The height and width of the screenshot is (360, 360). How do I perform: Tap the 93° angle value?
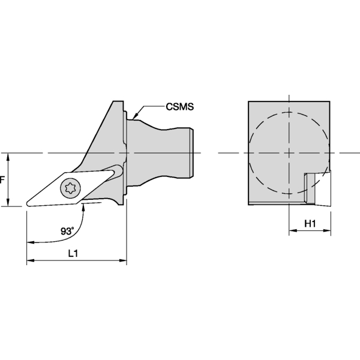(x=68, y=231)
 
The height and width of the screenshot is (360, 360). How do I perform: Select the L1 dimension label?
(x=73, y=253)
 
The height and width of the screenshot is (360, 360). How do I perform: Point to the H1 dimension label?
(x=310, y=223)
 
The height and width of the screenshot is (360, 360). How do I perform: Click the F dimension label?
(x=3, y=179)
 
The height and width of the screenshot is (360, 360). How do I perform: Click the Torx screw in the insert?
(x=68, y=188)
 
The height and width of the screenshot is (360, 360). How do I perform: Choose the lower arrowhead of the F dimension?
(x=8, y=203)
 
